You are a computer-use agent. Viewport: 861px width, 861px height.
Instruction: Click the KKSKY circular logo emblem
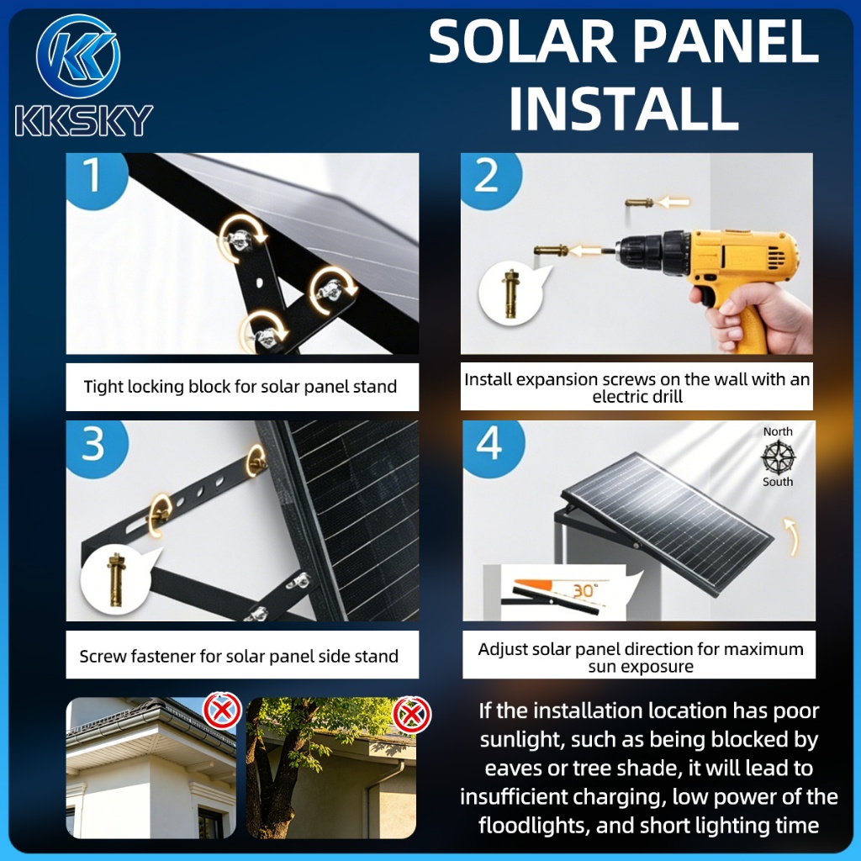coord(78,56)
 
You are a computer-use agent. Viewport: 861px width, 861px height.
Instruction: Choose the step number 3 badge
coord(94,446)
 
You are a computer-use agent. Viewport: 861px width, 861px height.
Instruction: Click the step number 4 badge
coord(490,445)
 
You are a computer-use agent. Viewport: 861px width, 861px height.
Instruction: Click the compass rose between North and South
coord(778,457)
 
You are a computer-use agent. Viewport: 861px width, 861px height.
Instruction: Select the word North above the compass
coord(778,431)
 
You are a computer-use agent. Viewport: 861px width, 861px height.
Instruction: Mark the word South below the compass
coord(778,482)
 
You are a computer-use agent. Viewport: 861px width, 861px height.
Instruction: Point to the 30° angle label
coord(585,590)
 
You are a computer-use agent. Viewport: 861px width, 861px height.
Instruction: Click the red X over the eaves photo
coord(222,711)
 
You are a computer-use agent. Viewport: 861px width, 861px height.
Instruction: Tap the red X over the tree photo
coord(412,715)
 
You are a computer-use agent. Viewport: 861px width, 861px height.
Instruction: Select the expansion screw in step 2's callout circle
coord(510,293)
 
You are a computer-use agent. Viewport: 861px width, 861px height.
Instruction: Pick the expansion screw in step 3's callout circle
coord(115,579)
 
